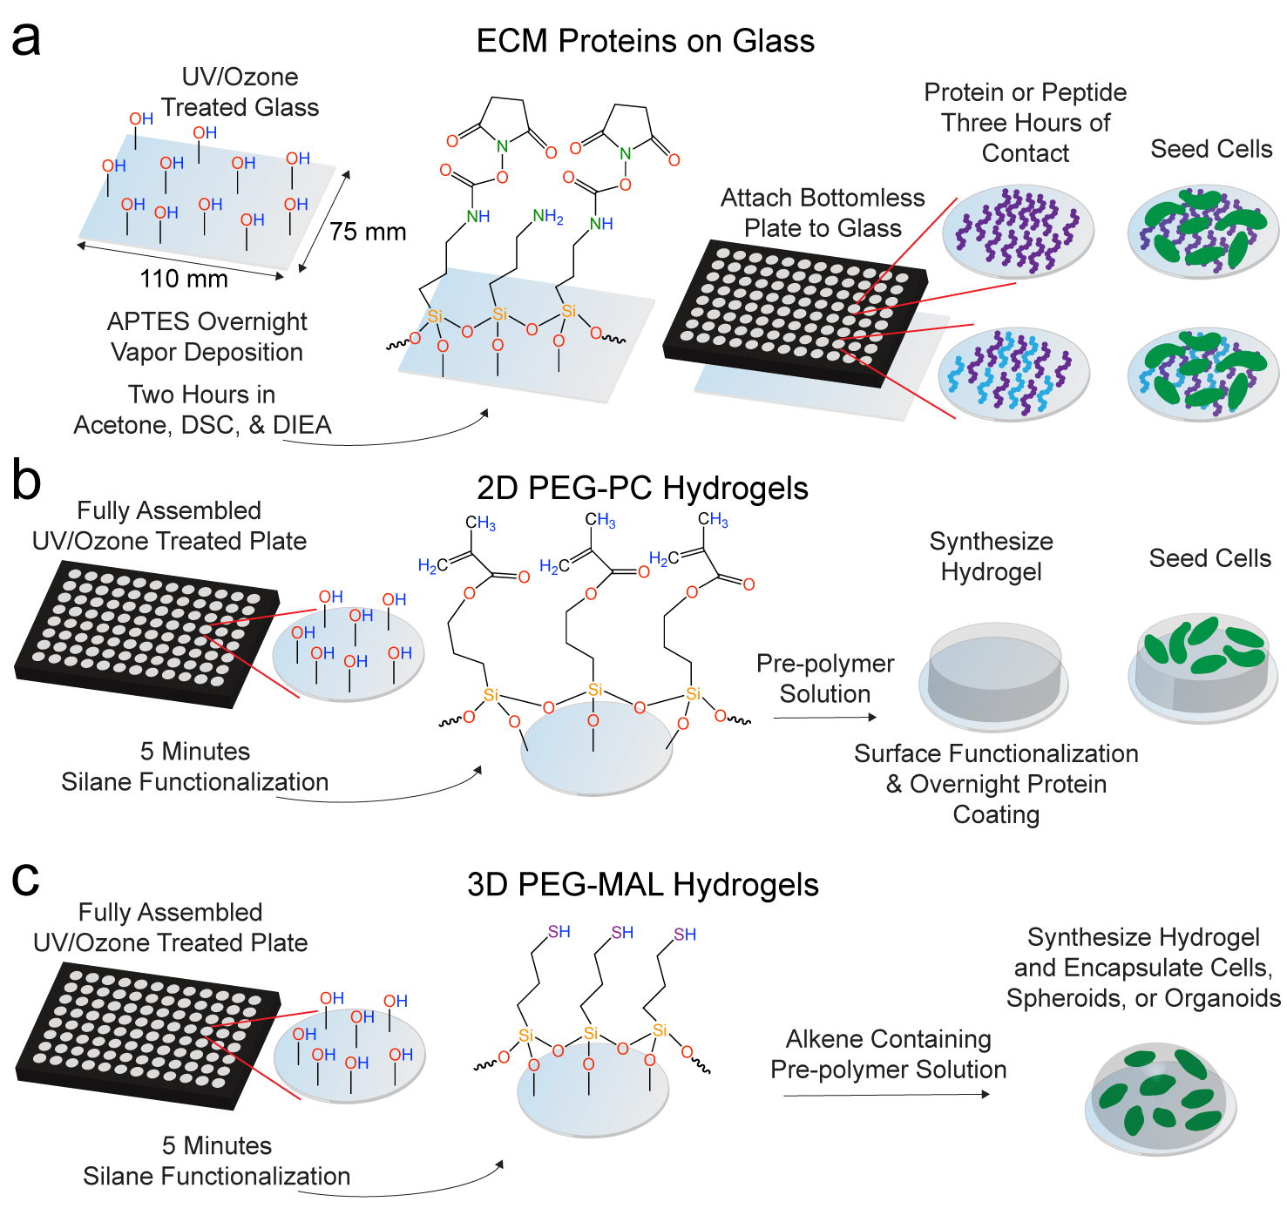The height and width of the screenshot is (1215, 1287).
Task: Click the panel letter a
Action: tap(26, 40)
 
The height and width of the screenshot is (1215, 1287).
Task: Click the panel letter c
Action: tap(25, 880)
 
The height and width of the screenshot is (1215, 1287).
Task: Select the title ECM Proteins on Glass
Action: tap(645, 41)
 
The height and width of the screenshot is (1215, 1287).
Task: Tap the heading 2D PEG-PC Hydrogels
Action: tap(642, 489)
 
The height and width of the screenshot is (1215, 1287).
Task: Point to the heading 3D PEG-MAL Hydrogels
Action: tap(642, 885)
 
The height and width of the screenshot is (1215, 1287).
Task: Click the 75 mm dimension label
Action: tap(368, 233)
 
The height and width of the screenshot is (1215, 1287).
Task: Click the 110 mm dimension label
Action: tap(184, 279)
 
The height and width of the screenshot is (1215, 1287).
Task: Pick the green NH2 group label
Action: tap(548, 216)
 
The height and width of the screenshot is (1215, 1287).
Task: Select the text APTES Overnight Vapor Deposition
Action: tap(207, 337)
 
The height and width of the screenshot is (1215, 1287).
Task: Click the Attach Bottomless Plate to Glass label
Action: tap(823, 213)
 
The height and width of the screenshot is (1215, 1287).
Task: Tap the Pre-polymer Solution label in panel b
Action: tap(824, 678)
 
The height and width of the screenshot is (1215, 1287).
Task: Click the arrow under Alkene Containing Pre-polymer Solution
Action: tap(886, 1095)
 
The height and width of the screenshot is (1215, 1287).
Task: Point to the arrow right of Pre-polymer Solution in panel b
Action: tap(824, 718)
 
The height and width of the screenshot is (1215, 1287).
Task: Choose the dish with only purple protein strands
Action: tap(1017, 230)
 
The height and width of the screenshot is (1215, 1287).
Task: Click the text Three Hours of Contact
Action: tap(1025, 138)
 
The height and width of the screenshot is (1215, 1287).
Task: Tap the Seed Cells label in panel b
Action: tap(1209, 558)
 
